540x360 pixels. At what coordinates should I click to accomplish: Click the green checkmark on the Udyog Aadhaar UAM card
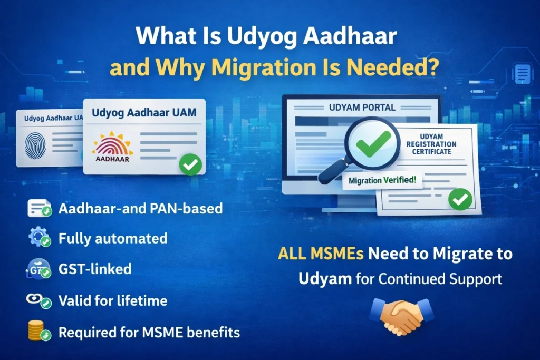coord(190,165)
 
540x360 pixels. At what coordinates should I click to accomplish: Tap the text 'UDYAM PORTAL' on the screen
coord(362,108)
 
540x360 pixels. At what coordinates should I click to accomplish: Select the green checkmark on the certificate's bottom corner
coord(459,199)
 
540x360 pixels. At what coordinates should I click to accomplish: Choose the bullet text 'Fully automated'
coord(113,238)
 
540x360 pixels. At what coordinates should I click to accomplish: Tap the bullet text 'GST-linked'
coord(95,269)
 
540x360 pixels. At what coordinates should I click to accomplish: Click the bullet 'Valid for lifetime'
coord(113,301)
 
